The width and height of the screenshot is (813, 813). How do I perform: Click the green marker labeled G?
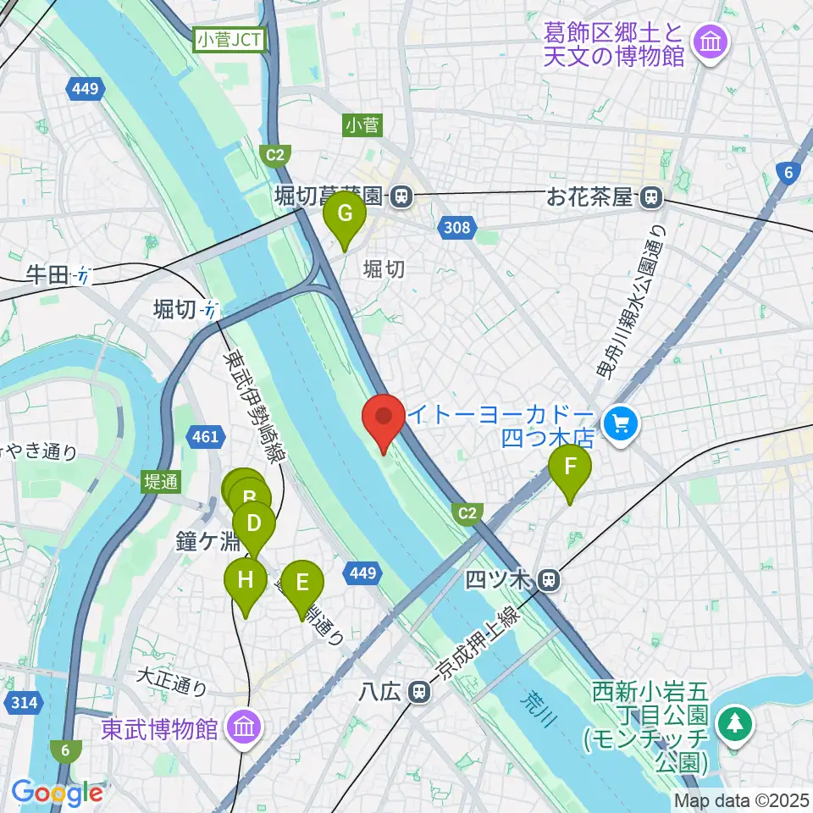[x=345, y=215]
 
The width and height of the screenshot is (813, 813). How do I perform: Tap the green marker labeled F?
[x=570, y=468]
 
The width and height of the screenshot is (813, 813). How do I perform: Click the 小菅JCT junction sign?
[x=230, y=39]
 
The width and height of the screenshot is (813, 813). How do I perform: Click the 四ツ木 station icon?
[x=549, y=580]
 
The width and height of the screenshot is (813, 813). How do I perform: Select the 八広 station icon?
[x=417, y=691]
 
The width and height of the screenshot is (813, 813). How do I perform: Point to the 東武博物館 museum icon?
[x=245, y=727]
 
